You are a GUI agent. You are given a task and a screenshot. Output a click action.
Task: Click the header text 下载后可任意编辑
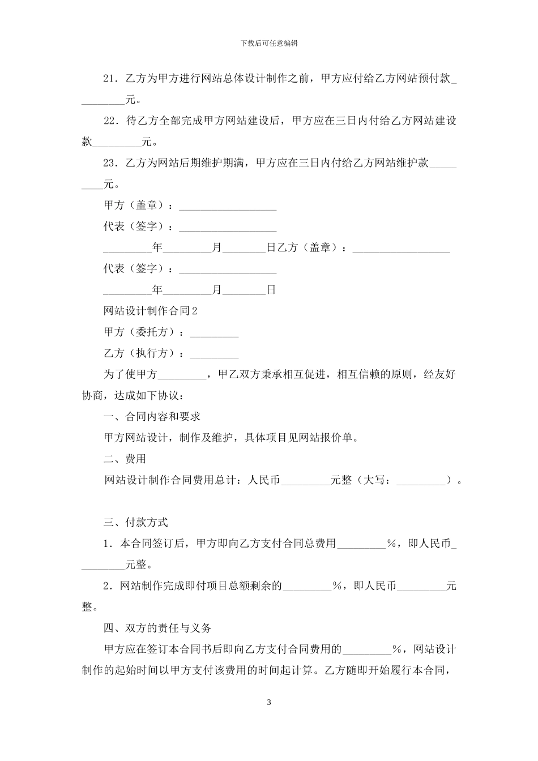[x=269, y=43]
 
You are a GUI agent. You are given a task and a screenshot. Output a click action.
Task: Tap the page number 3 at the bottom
[x=269, y=703]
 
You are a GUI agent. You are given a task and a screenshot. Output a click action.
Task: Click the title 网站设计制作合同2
[x=151, y=311]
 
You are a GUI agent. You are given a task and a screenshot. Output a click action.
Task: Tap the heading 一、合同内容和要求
[x=152, y=416]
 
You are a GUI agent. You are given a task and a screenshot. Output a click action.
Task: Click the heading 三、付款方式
[x=135, y=522]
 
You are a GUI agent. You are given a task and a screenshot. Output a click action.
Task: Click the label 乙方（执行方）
[x=141, y=353]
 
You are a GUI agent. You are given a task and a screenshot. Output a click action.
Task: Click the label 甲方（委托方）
[x=141, y=332]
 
